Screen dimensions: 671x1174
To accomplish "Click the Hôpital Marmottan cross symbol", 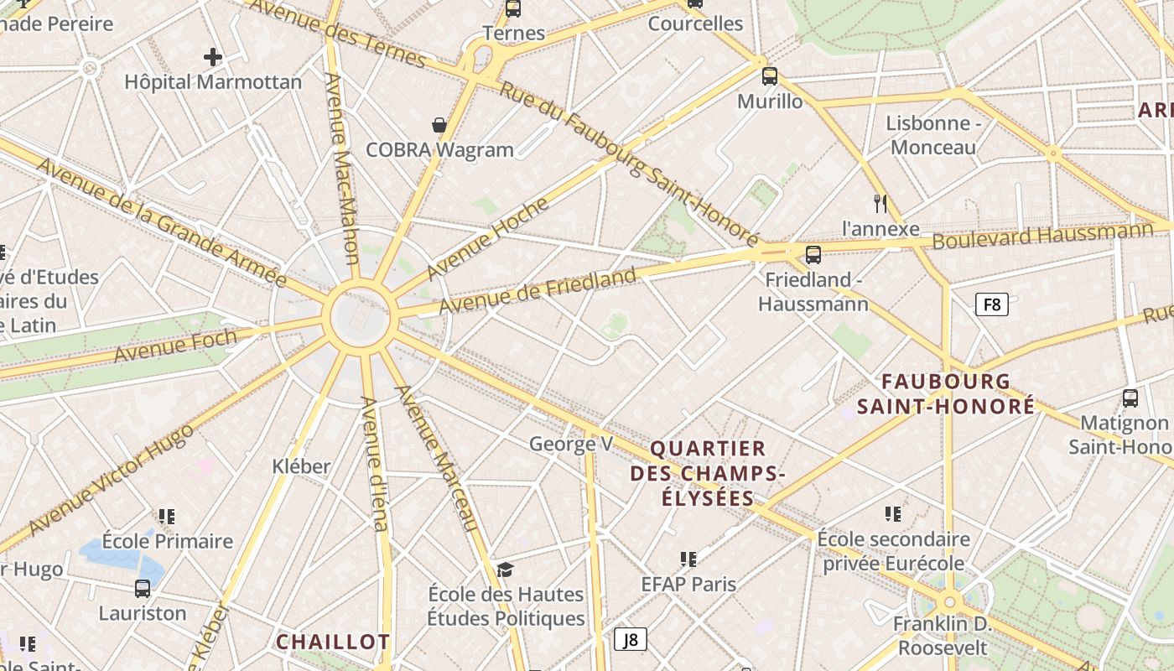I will tap(213, 57).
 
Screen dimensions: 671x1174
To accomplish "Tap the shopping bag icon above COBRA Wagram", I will tap(439, 125).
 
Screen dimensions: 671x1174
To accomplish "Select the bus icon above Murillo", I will tap(770, 76).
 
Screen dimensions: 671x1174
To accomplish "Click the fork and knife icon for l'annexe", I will tap(880, 203).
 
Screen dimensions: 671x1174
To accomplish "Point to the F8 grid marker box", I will tap(991, 304).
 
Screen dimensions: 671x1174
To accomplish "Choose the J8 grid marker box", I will tap(631, 639).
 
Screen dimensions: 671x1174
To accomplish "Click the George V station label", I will tap(570, 444).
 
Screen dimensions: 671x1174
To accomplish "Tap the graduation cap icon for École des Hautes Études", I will tap(505, 570).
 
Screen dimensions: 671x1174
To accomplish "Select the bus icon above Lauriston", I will tap(143, 588).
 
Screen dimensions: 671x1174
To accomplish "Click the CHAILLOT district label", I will tap(333, 642).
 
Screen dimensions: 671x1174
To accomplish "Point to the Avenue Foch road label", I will tap(174, 346).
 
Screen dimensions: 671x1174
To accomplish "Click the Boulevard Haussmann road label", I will tap(1042, 234).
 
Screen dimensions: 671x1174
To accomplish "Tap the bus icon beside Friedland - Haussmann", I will tap(813, 255).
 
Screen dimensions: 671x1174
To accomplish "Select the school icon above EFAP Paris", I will tap(688, 559).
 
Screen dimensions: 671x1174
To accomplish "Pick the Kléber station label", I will tap(301, 466).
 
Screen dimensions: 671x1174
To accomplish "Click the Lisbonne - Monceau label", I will tap(933, 135).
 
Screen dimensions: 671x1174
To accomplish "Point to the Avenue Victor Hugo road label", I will tap(111, 479).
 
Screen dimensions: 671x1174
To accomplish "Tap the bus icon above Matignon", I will tap(1130, 398).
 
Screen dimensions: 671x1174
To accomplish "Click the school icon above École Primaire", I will tap(167, 516).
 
